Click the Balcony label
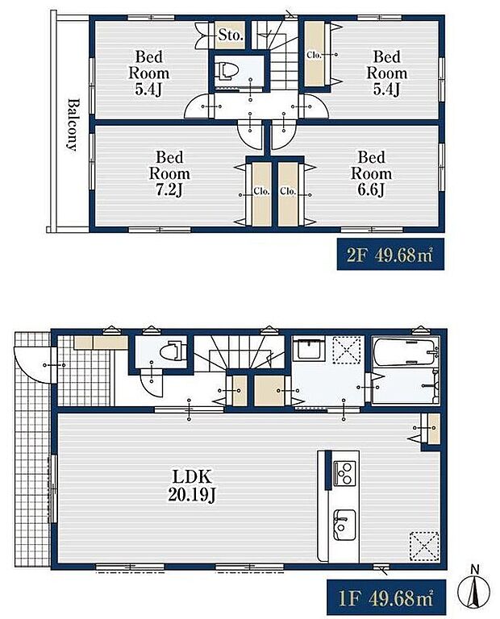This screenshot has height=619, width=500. coord(73,125)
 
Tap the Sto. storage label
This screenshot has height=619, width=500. coord(231,35)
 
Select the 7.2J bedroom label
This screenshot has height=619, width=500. coord(169,174)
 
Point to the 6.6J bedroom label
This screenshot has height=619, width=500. coord(371,174)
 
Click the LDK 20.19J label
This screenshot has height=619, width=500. coord(192,485)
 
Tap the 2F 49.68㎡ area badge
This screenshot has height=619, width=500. coord(390,255)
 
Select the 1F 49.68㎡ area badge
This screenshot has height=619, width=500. coord(386,598)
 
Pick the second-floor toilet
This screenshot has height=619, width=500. coord(227,71)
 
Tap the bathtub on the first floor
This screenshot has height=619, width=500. coord(406,352)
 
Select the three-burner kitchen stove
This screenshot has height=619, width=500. coord(344,473)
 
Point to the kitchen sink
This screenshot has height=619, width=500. coord(344,525)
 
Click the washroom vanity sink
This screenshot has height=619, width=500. coord(310,349)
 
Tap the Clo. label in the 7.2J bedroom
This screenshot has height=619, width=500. coord(261,192)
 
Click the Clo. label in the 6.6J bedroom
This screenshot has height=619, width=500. coord(288,192)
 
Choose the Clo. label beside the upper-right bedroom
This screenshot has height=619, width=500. coord(314,56)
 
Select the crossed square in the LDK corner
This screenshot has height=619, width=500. coord(423,546)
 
